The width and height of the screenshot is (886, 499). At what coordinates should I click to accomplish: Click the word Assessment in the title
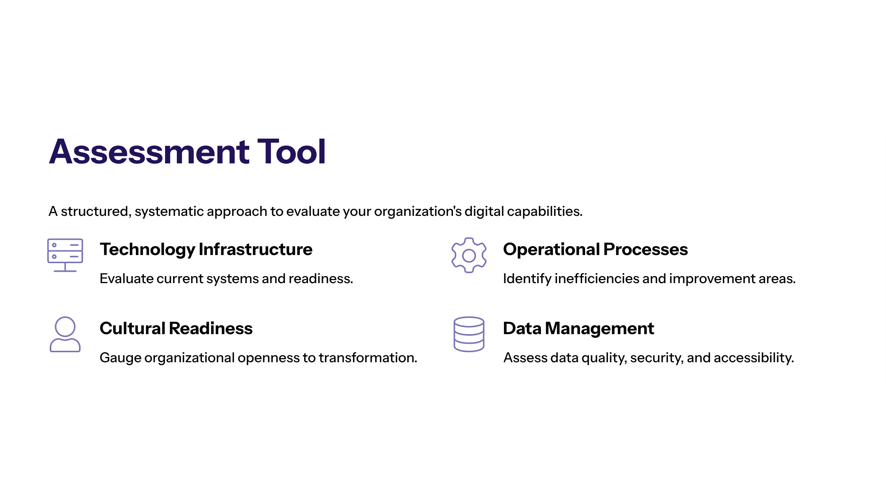click(150, 152)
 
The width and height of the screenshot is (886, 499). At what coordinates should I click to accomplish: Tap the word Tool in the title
click(291, 152)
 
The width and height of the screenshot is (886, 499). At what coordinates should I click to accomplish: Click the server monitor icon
click(65, 255)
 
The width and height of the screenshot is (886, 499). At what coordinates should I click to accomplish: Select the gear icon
click(469, 255)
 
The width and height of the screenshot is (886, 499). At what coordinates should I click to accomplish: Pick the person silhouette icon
click(65, 334)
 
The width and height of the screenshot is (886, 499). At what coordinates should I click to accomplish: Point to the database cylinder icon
click(469, 334)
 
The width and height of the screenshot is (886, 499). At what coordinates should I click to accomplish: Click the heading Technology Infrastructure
click(206, 249)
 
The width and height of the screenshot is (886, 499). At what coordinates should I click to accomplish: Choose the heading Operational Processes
click(595, 249)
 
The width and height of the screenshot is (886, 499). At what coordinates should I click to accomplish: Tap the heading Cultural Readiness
click(176, 329)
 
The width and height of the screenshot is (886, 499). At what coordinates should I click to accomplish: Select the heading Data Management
click(578, 329)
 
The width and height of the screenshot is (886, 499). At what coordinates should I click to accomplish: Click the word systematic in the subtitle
click(169, 212)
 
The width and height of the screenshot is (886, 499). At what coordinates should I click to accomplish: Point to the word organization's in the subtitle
click(418, 212)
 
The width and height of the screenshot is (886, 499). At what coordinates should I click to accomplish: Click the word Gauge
click(120, 358)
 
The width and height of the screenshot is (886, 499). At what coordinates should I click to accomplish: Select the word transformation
click(367, 358)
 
